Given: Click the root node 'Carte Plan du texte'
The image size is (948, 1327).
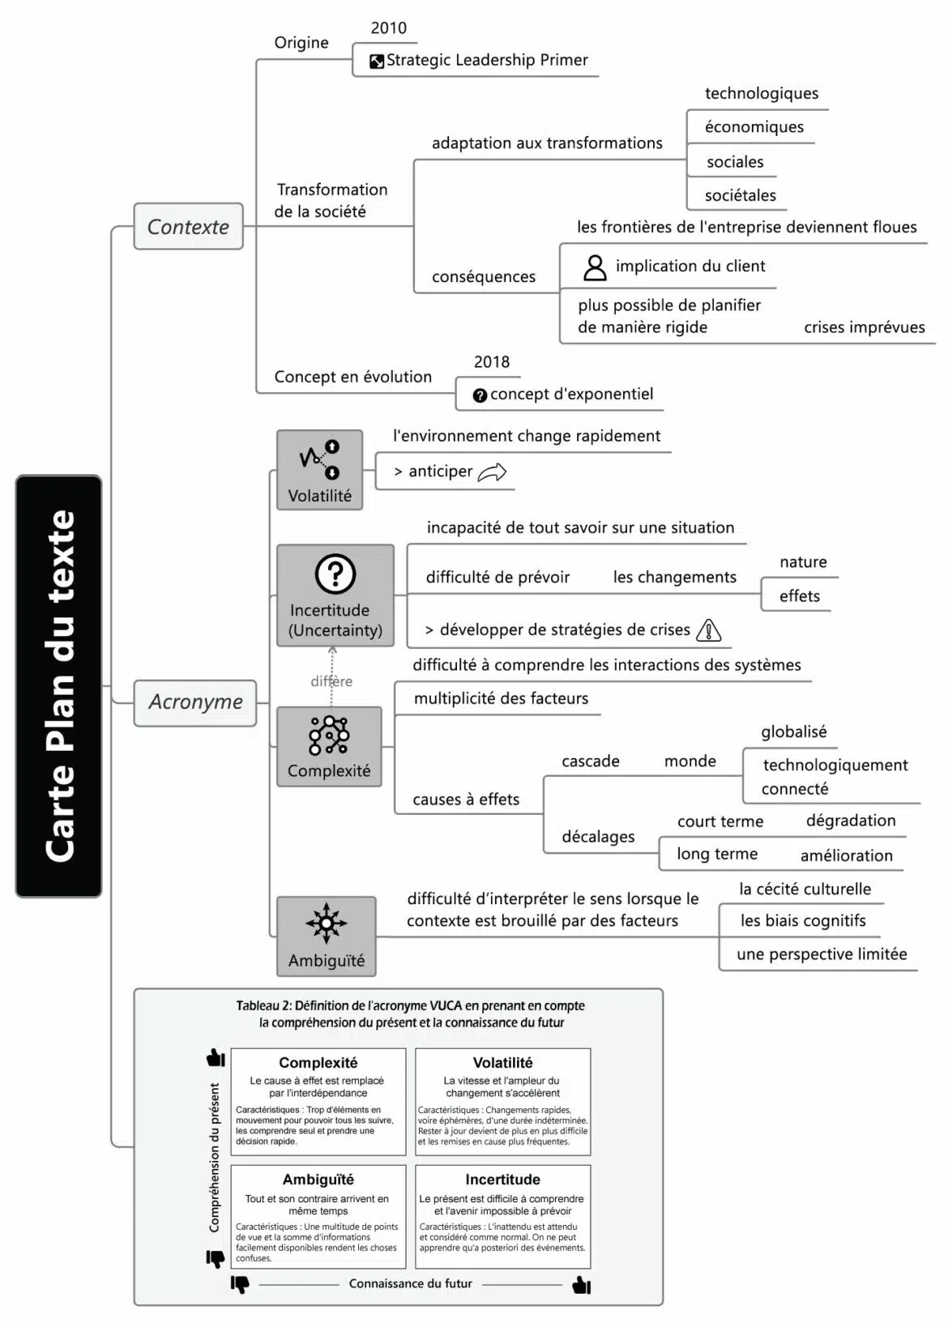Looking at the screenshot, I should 58,685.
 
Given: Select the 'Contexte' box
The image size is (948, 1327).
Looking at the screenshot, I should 188,227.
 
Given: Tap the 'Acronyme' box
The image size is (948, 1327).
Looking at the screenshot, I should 195,702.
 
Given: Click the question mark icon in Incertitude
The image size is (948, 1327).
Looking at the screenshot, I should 335,574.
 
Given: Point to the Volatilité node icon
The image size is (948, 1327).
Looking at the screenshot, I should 320,459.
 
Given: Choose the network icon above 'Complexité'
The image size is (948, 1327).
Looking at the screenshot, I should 329,736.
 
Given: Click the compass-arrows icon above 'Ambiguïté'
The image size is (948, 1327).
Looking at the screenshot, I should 327,923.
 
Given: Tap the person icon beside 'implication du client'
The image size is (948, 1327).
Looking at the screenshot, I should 595,267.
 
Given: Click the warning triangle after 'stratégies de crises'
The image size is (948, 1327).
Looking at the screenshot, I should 709,630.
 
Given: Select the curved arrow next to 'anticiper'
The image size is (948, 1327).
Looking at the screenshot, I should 492,472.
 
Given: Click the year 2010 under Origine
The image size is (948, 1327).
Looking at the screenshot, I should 389,28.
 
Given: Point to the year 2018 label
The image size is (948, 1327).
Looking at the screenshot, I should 492,362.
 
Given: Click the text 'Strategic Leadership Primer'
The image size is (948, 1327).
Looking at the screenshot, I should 487,60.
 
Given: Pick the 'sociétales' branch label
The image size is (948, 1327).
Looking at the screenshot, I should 740,195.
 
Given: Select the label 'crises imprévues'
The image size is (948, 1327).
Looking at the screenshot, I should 864,327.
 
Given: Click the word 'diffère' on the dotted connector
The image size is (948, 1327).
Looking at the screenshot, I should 331,681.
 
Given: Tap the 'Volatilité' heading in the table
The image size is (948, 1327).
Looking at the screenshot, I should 502,1063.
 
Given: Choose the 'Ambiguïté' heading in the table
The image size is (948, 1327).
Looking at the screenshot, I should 318,1180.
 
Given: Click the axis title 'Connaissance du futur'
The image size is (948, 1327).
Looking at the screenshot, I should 410,1283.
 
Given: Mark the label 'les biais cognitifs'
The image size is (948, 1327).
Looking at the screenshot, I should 802,921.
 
